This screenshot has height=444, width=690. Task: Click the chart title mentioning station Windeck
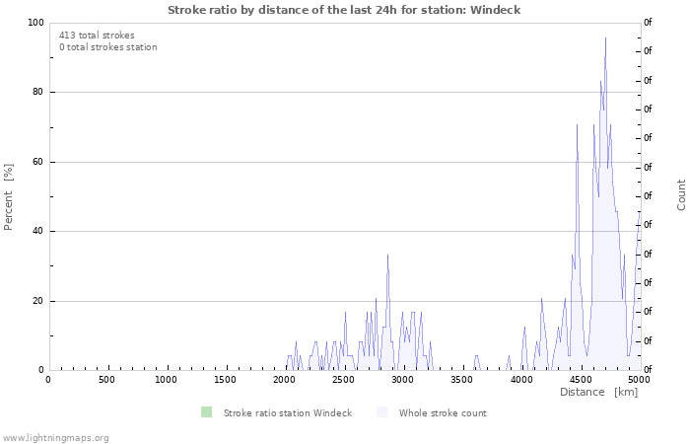point(344,10)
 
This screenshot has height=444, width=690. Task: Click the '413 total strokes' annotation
point(97,36)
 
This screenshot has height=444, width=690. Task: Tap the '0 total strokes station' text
point(107,47)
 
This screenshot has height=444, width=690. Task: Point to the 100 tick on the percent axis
point(35,23)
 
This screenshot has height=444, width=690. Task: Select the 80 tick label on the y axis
point(37,93)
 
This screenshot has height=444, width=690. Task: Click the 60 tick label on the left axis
point(37,162)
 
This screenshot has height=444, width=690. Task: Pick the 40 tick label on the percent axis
point(37,232)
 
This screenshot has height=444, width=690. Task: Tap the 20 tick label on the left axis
point(37,301)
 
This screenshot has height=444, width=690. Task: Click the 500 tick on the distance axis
point(106,380)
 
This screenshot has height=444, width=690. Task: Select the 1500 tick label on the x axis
point(226,380)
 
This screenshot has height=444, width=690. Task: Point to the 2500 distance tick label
point(344,380)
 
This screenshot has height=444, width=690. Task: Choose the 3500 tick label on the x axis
point(462,380)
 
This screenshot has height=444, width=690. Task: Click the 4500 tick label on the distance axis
point(581,380)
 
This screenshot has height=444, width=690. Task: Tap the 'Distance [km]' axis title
point(598,393)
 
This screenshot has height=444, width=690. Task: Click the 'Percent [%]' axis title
point(9,196)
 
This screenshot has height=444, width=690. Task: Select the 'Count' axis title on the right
point(682,194)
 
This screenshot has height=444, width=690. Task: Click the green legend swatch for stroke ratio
point(206,412)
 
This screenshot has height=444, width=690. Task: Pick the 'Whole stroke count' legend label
point(443,412)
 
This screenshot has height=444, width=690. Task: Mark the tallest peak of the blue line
point(605,37)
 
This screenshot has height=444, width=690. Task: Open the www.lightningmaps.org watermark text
point(56,437)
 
